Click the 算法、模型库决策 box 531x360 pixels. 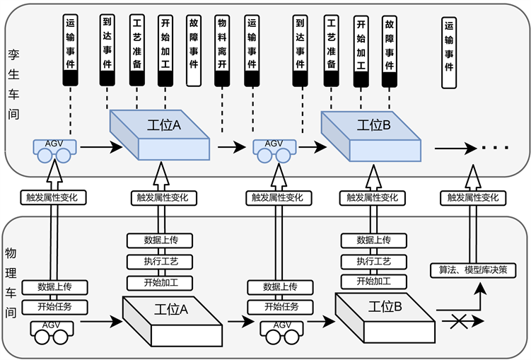(473, 269)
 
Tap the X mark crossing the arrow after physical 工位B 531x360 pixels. (462, 322)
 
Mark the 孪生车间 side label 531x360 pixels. (13, 83)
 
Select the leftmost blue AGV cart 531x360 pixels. (53, 150)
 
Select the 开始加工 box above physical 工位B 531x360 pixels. (374, 282)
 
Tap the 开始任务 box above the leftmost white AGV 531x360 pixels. (54, 307)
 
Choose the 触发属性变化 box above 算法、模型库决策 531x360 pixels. (473, 197)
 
